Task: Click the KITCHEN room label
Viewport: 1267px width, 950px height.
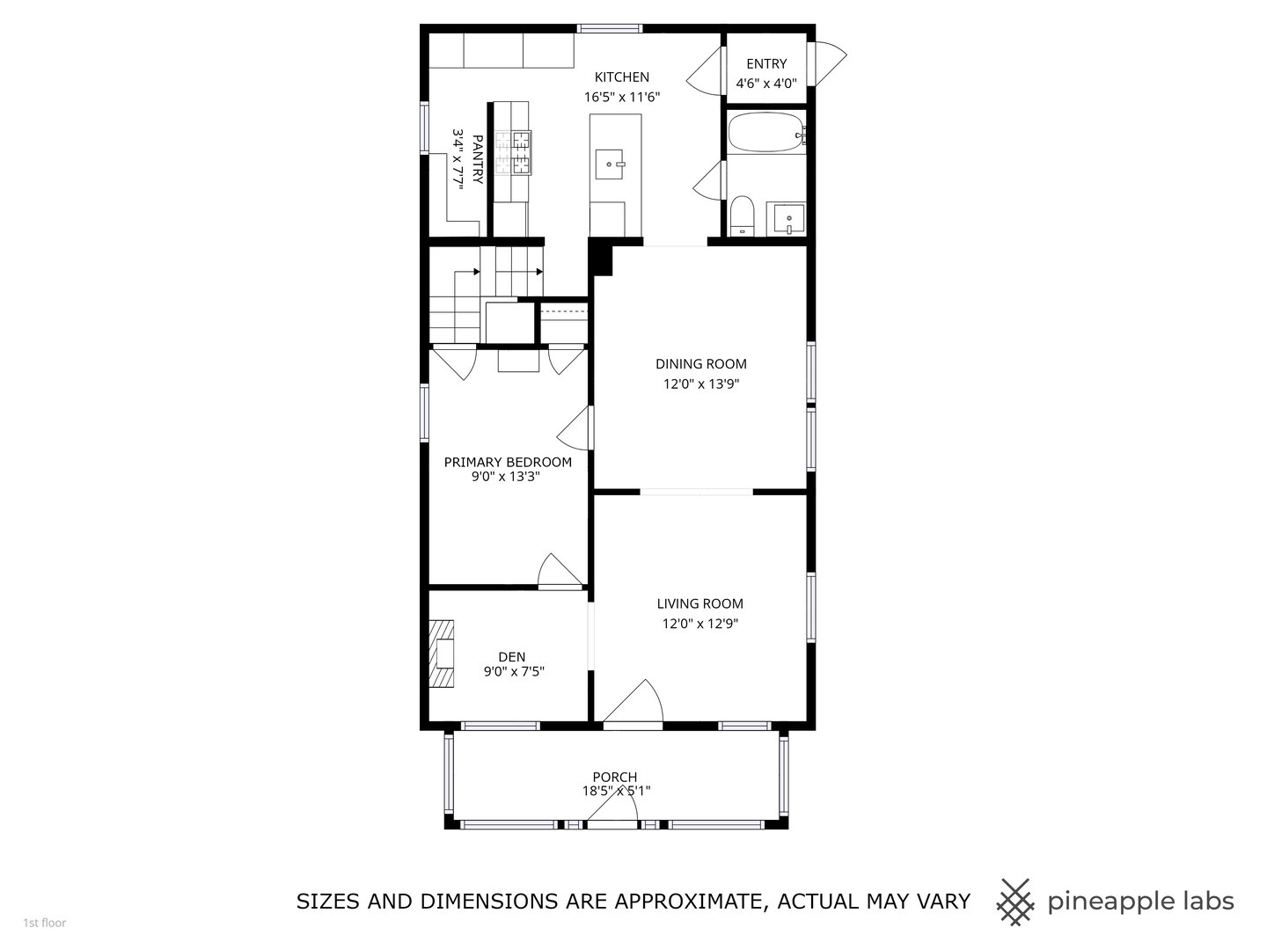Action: coord(621,77)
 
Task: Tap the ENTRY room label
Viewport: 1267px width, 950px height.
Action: coord(765,63)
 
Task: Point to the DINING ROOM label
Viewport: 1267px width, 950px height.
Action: coord(700,363)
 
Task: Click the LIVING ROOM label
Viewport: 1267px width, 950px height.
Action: coord(699,603)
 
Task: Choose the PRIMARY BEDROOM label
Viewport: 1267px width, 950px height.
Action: coord(507,462)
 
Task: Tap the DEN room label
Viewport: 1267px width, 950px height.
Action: coord(511,656)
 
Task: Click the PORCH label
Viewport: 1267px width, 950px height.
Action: coord(614,777)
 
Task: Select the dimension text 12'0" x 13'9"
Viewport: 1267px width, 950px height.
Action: coord(700,384)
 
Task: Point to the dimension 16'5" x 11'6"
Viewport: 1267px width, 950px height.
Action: coord(621,98)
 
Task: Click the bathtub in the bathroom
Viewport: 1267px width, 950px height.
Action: coord(765,133)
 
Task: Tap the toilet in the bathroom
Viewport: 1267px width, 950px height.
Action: coord(743,216)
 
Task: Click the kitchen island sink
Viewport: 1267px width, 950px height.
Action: coord(613,163)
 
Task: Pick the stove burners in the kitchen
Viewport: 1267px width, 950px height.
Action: coord(512,151)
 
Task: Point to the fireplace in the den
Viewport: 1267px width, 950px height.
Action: coord(442,654)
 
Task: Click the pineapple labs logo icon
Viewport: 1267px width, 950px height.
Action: coord(1014,902)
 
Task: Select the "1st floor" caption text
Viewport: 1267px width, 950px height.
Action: coord(44,923)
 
